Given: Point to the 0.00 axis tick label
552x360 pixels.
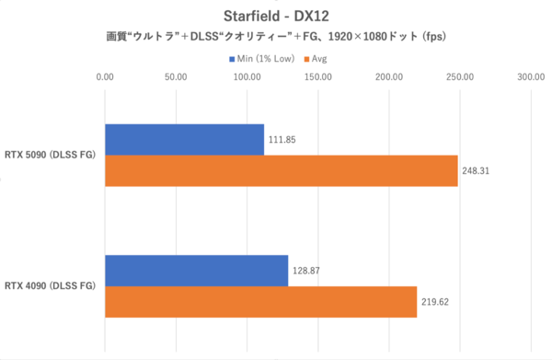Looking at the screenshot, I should [x=106, y=77].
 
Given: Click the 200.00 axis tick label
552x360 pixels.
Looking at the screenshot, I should [x=389, y=77].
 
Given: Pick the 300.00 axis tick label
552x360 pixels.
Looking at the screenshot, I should [x=531, y=77].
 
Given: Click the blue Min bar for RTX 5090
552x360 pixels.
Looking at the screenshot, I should [x=185, y=139].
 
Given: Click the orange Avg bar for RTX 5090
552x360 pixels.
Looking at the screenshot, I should [x=282, y=170].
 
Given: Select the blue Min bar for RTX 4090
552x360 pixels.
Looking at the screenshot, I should [x=197, y=270].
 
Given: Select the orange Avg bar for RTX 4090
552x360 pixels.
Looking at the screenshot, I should [x=261, y=301].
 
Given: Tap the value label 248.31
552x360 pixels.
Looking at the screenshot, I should [x=478, y=171].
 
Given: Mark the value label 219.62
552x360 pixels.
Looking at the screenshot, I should [x=438, y=302].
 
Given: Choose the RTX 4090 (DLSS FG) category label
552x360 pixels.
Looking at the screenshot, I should [x=52, y=285].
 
